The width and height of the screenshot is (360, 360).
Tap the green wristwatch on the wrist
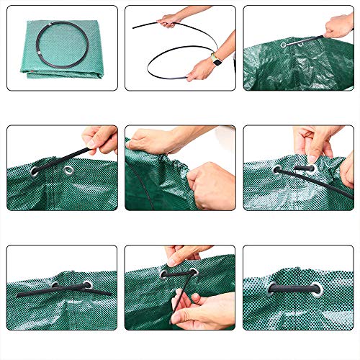click(x=215, y=60)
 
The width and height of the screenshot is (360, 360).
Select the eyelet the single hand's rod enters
click(x=68, y=171)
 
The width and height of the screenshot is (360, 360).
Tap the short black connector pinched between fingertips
click(x=305, y=168)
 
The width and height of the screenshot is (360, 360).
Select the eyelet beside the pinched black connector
click(x=277, y=171)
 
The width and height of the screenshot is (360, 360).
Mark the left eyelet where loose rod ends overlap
click(x=55, y=286)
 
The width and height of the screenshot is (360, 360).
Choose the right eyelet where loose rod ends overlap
click(x=87, y=285)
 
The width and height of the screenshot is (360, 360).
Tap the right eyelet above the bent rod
click(x=193, y=274)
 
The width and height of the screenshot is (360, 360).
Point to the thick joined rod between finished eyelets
click(x=295, y=289)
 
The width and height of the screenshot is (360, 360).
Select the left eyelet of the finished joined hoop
click(x=274, y=289)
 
